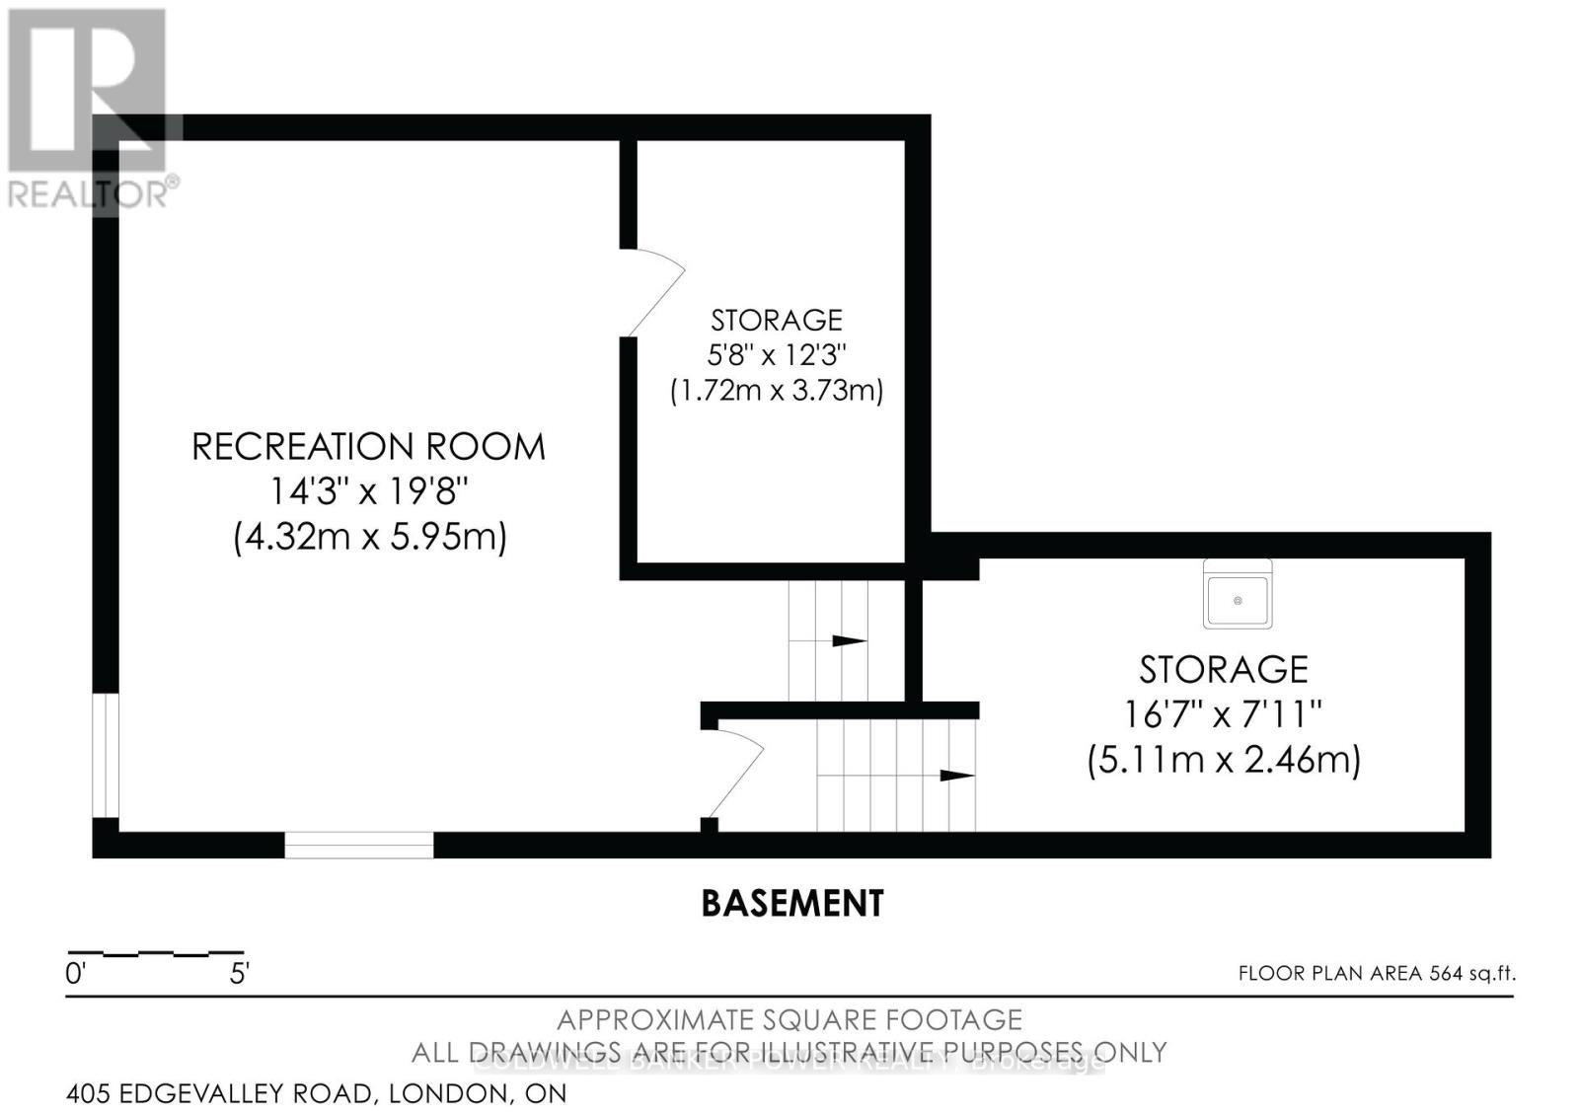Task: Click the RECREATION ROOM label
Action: coord(367,447)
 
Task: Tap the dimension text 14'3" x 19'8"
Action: coord(367,491)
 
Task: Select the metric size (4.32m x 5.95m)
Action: coord(369,538)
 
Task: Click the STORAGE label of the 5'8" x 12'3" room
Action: coord(777,320)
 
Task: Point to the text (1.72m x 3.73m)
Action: coord(777,391)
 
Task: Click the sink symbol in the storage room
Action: coord(1238,594)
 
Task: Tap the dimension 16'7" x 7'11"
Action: coord(1223,713)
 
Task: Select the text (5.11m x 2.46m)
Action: coord(1224,760)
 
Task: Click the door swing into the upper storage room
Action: coord(653,291)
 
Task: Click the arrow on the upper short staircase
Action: coord(848,641)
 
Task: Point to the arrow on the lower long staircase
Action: coord(955,776)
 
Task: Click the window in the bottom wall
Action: coord(359,845)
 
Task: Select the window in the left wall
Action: coord(106,756)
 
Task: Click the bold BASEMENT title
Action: coord(792,903)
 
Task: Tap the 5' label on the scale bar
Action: coord(239,975)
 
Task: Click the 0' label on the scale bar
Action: coord(76,975)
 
